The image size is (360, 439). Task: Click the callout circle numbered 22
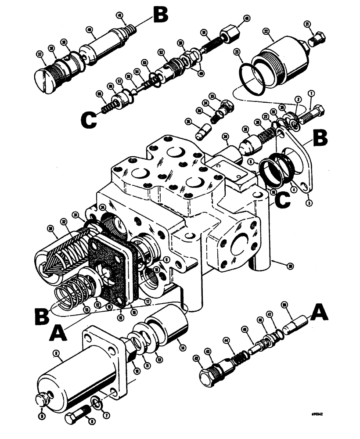coord(266,31)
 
